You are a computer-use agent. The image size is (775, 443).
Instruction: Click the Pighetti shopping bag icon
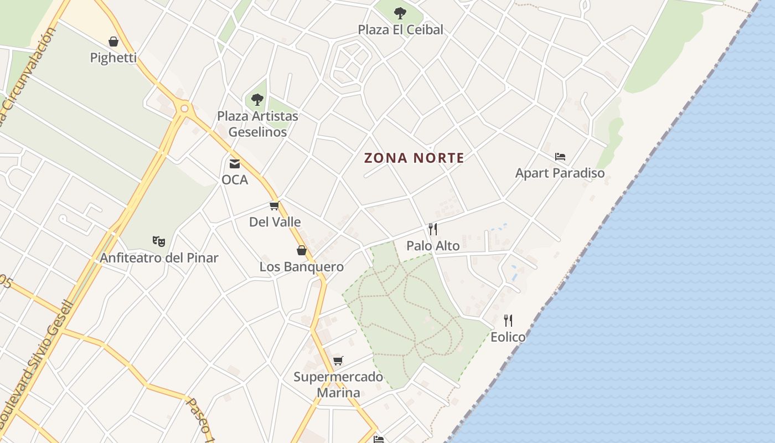113,42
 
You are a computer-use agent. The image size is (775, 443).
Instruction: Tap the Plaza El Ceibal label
400,30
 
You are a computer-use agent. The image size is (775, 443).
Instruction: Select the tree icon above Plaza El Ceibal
400,13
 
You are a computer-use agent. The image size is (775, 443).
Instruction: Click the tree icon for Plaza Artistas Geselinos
257,100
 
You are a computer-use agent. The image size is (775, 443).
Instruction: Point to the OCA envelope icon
235,163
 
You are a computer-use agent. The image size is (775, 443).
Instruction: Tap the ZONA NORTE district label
414,158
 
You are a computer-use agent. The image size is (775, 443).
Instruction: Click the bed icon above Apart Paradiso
560,157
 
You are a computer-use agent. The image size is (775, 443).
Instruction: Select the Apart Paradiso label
560,173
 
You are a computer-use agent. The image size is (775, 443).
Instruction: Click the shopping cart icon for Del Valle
274,206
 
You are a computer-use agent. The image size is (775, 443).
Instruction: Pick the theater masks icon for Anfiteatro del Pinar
159,241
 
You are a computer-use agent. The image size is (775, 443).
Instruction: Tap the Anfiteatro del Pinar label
159,257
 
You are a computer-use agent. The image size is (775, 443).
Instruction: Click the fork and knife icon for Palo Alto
433,229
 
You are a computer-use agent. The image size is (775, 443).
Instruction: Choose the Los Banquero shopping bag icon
302,250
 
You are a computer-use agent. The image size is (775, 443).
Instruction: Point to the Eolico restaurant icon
508,320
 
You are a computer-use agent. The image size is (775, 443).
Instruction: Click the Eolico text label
508,337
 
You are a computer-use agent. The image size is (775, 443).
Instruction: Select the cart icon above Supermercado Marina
338,360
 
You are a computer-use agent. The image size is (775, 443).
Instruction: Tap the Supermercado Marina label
338,384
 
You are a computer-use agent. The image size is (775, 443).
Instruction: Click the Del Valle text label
275,222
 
